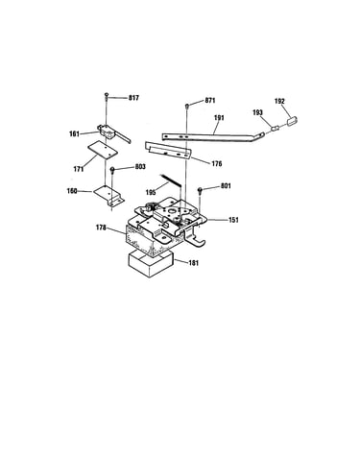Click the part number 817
(133, 98)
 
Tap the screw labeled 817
(107, 95)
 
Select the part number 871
(210, 101)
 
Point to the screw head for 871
(187, 106)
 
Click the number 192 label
(279, 102)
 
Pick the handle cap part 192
(292, 122)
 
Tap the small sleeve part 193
(276, 128)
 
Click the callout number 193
(257, 112)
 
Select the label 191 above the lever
(219, 118)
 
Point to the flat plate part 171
(103, 150)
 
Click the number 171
(79, 169)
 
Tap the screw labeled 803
(112, 170)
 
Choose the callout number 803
(140, 167)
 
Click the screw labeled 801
(200, 190)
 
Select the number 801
(226, 186)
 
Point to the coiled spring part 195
(171, 180)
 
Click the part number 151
(233, 220)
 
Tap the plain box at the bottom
(151, 263)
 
